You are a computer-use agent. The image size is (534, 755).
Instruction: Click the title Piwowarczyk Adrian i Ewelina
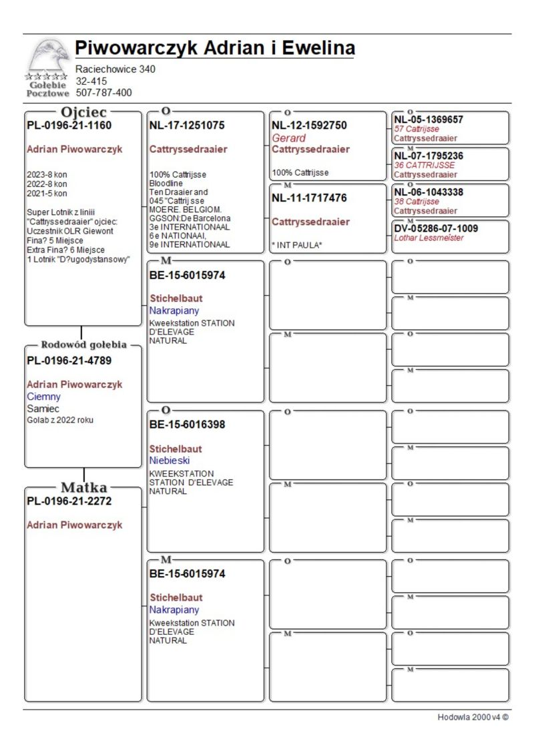click(214, 48)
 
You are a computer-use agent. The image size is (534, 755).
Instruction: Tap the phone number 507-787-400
click(103, 93)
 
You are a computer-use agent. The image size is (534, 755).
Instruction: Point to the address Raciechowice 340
click(115, 69)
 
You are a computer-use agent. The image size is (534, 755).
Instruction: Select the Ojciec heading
click(83, 111)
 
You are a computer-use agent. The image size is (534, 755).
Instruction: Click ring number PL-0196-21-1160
click(69, 125)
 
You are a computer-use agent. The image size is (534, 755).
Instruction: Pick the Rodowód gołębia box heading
click(83, 345)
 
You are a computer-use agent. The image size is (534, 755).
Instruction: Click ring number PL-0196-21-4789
click(69, 360)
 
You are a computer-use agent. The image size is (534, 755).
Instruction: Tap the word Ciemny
click(43, 397)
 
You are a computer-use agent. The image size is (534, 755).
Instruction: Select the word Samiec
click(43, 408)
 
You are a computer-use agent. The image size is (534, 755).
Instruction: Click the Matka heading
click(84, 487)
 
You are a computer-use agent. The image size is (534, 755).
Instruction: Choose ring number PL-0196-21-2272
click(69, 501)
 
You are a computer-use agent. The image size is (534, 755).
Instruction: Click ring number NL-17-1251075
click(187, 125)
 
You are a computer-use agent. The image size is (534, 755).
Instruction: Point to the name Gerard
click(288, 138)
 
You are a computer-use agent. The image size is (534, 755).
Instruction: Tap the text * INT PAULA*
click(296, 245)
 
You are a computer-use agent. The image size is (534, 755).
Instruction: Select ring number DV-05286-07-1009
click(436, 228)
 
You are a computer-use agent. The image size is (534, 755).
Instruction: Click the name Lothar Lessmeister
click(429, 238)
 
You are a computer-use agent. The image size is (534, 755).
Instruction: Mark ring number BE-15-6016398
click(187, 425)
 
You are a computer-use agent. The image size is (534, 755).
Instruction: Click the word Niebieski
click(170, 461)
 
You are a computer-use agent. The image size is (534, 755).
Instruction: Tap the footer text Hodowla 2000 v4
click(473, 717)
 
